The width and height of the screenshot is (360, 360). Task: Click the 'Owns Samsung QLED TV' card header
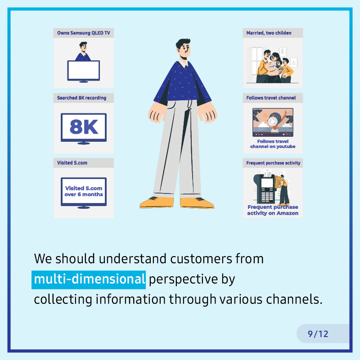tap(84, 33)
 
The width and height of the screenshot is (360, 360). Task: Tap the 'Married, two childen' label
tap(269, 33)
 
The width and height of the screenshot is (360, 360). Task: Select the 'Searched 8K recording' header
tap(82, 98)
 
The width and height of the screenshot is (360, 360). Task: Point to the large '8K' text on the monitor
tap(84, 126)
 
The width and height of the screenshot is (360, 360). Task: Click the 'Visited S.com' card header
tap(72, 163)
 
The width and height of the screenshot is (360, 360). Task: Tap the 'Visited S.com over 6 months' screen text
tap(84, 191)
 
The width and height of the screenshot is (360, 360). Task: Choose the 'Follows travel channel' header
tap(271, 98)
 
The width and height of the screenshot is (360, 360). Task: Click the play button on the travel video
tap(273, 121)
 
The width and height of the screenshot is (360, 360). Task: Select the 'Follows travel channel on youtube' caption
tap(273, 144)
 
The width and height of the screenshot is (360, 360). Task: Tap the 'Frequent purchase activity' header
tap(273, 163)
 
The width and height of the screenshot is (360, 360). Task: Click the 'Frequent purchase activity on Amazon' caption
tap(273, 210)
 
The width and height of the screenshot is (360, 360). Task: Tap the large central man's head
tap(184, 49)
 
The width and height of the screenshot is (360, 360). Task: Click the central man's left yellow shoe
tap(156, 202)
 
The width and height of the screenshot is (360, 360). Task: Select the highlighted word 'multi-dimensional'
tap(89, 279)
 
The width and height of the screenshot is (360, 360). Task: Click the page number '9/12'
tap(318, 334)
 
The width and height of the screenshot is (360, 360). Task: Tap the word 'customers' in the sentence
tap(201, 259)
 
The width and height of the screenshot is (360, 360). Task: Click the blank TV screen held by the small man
tap(84, 70)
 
